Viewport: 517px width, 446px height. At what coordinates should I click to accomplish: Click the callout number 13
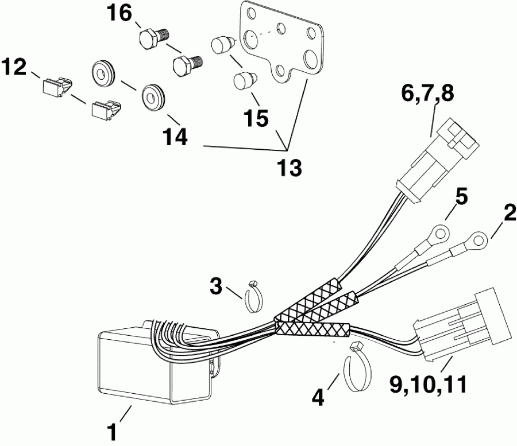coord(288,169)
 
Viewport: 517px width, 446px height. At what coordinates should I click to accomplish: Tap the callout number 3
coord(215,286)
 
